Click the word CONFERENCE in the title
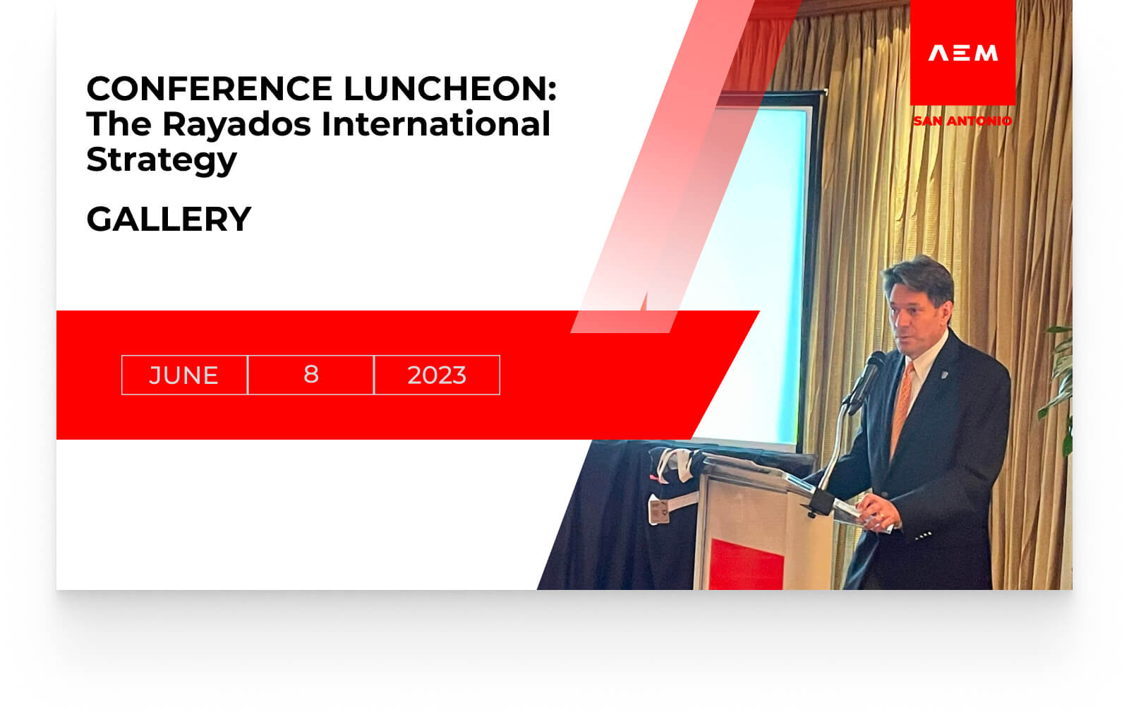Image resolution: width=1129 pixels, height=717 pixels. click(x=210, y=89)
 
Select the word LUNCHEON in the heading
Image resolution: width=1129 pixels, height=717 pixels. click(x=451, y=89)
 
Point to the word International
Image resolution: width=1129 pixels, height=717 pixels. click(x=435, y=123)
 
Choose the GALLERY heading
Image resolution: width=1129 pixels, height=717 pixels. click(x=169, y=219)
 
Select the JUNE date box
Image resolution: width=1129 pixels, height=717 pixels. click(x=184, y=375)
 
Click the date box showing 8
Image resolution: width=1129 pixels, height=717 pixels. click(x=311, y=375)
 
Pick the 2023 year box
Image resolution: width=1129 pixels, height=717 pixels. click(x=437, y=375)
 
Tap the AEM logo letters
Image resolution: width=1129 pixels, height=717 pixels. click(x=963, y=53)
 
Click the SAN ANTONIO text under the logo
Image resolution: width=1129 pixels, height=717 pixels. click(x=962, y=121)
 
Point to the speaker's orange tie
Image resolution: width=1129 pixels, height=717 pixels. click(x=902, y=408)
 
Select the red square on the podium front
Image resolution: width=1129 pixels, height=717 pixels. click(x=746, y=565)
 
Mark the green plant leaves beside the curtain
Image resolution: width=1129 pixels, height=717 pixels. click(x=1058, y=388)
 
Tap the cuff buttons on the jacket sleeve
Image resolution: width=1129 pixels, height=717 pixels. click(x=924, y=536)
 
